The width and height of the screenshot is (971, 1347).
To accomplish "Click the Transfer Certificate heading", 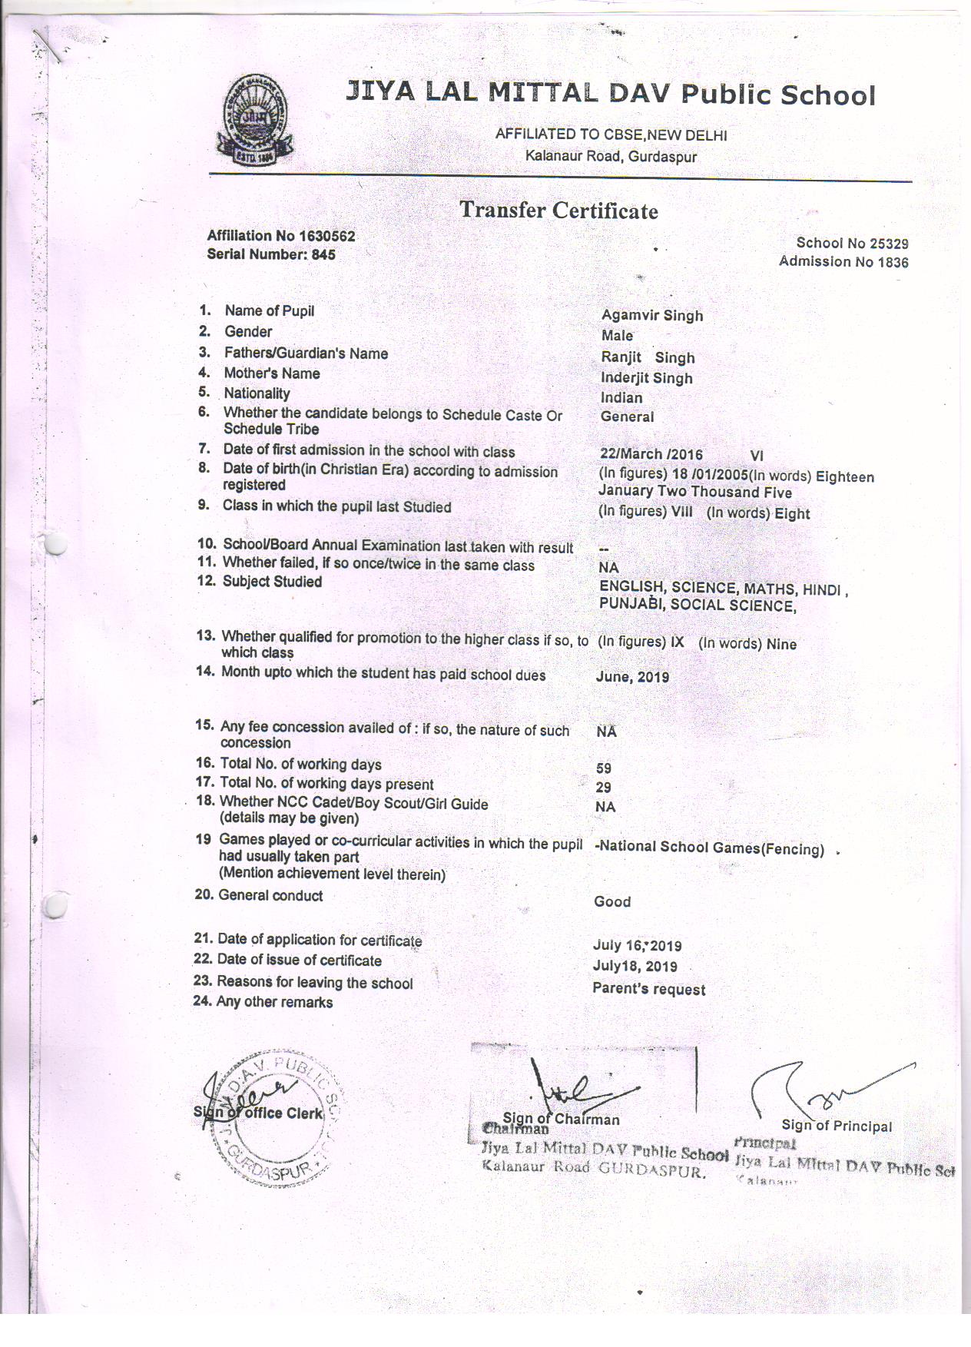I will pyautogui.click(x=558, y=211).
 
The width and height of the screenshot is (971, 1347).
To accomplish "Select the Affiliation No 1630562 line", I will pyautogui.click(x=281, y=236).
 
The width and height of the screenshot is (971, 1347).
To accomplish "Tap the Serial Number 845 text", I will pyautogui.click(x=271, y=254).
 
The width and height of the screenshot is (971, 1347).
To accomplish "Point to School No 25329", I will pyautogui.click(x=852, y=244).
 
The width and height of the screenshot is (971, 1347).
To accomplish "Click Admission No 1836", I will pyautogui.click(x=843, y=262).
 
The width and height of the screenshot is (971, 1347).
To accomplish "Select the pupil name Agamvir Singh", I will pyautogui.click(x=652, y=315).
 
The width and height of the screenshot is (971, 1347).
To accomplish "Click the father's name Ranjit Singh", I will pyautogui.click(x=648, y=357).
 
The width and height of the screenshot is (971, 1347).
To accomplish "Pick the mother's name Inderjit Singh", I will pyautogui.click(x=647, y=378).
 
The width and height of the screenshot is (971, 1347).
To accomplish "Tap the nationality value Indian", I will pyautogui.click(x=621, y=398).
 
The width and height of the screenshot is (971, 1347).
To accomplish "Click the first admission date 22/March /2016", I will pyautogui.click(x=651, y=455).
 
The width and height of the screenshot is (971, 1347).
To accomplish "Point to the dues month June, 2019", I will pyautogui.click(x=632, y=677).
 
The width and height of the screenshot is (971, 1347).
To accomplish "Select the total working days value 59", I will pyautogui.click(x=604, y=768).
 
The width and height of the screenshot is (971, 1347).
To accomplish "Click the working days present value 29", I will pyautogui.click(x=604, y=788).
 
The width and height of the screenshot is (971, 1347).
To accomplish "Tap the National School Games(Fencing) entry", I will pyautogui.click(x=709, y=848).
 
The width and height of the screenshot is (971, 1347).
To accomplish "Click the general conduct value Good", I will pyautogui.click(x=612, y=901).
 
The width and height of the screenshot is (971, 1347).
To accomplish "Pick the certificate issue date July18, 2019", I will pyautogui.click(x=635, y=967).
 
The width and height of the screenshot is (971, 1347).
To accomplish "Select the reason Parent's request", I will pyautogui.click(x=649, y=989).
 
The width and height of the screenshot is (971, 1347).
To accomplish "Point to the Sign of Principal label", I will pyautogui.click(x=837, y=1126).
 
